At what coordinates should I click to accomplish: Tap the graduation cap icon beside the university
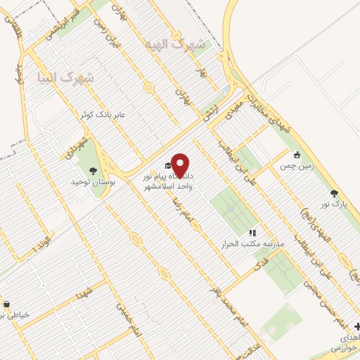point(167,166)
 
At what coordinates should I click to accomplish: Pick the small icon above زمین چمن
point(297,155)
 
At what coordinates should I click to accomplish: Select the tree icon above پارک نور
point(334,193)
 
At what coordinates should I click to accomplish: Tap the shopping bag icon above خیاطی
point(6,304)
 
